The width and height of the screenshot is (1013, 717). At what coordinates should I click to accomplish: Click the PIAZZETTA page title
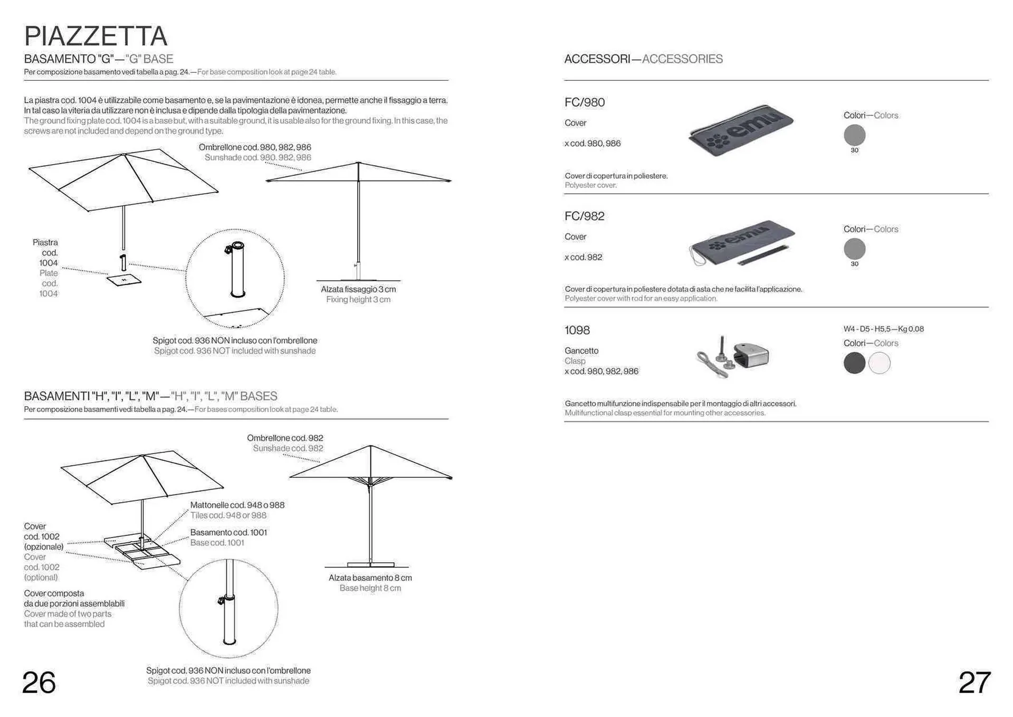pos(95,36)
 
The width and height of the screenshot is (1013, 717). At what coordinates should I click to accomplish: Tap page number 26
pos(39,683)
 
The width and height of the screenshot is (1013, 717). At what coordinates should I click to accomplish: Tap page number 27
pos(974,683)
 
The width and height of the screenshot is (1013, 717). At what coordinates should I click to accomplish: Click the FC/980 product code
pos(585,102)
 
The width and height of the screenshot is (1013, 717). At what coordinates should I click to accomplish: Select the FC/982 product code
pos(585,216)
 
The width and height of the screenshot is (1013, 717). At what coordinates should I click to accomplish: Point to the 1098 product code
pos(577,331)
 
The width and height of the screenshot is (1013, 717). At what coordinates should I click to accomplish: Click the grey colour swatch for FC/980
pos(854,135)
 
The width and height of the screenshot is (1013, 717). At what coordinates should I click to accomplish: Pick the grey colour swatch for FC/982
pos(854,249)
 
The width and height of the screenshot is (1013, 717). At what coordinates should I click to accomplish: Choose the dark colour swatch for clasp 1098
pos(854,363)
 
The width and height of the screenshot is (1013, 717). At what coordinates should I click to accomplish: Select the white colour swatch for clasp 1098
pos(880,363)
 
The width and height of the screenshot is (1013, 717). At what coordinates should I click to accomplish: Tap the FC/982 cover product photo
pos(742,242)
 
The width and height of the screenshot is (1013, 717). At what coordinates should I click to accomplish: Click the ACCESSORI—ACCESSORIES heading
pos(643,59)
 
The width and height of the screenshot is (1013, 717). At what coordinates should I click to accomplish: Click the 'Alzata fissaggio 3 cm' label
pos(358,289)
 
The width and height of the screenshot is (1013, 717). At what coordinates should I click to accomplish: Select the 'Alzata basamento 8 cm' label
pos(370,578)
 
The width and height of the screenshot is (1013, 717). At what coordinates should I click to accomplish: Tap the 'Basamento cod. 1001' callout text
pos(228,532)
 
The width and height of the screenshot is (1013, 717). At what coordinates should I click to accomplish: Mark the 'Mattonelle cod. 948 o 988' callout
pos(237,505)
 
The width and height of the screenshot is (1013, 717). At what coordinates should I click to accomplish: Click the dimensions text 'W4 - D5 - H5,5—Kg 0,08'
pos(884,329)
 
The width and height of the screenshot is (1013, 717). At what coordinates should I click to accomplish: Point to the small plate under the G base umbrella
pos(124,280)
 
